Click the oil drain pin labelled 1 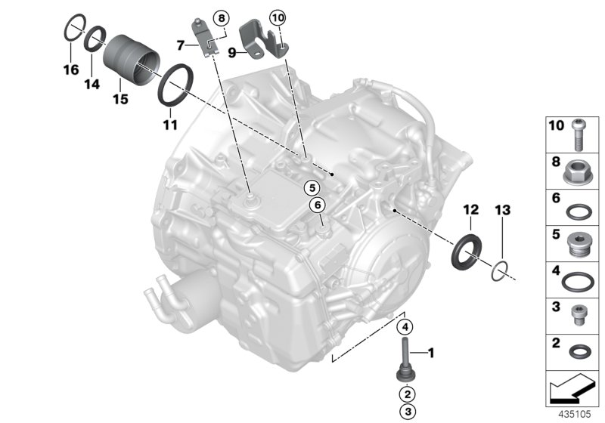[405, 361]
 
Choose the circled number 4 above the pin [405, 327]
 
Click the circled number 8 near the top [221, 17]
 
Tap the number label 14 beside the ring [92, 85]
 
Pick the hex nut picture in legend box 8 [579, 172]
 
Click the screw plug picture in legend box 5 [579, 244]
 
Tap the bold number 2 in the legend [555, 342]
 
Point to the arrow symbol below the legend [572, 389]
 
